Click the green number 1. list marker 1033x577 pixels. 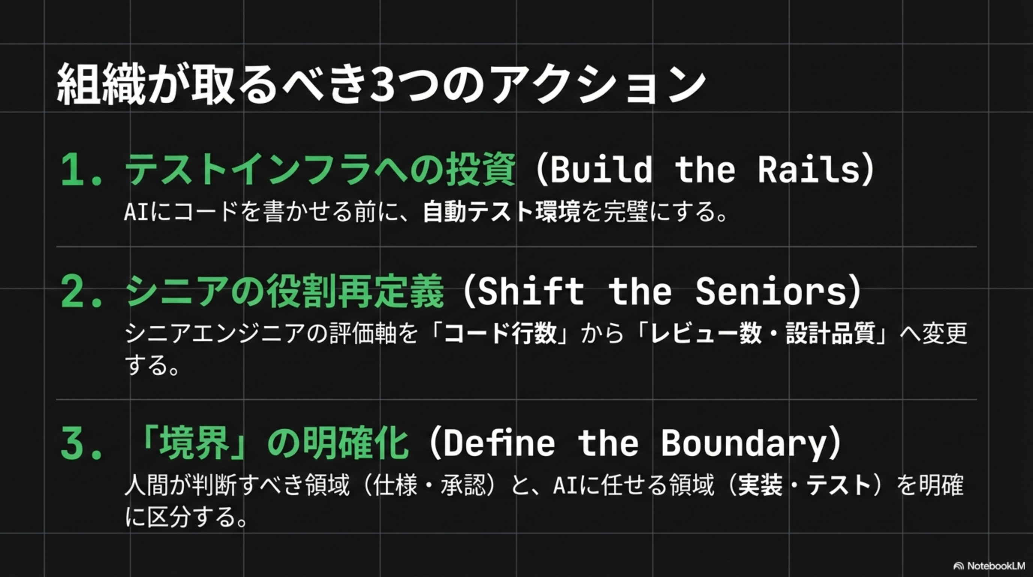(81, 170)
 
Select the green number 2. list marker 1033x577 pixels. (81, 293)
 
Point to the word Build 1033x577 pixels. (601, 169)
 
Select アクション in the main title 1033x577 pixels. (598, 86)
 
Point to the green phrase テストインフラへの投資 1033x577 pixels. (320, 169)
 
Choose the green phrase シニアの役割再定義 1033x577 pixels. (285, 292)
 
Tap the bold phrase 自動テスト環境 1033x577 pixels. (501, 211)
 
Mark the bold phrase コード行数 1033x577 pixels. (500, 334)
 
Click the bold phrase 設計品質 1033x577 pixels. (830, 334)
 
